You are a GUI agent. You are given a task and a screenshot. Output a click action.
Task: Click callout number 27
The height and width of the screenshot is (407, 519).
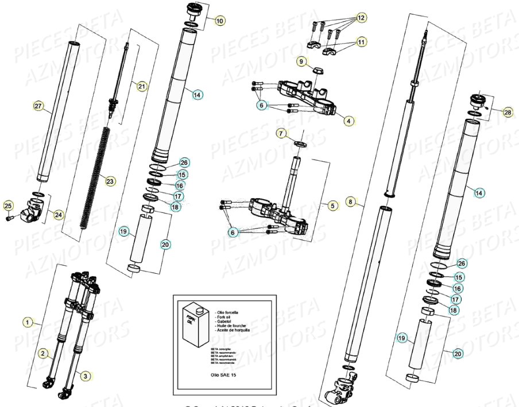(x=38, y=106)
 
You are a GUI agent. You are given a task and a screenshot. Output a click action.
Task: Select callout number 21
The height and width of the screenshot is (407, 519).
(x=141, y=86)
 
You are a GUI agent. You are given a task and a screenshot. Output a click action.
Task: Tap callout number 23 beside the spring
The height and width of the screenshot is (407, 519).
(x=110, y=181)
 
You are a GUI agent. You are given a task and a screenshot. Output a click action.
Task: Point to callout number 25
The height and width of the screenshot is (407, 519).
(x=8, y=206)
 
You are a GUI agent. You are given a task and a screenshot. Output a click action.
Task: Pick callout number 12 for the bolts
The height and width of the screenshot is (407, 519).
(x=360, y=18)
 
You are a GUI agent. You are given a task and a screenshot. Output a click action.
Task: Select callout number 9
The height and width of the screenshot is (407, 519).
(x=301, y=60)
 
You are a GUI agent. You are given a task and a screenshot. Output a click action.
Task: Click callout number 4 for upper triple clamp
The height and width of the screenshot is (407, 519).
(x=350, y=121)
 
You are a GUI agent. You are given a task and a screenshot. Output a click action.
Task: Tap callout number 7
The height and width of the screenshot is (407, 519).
(x=281, y=134)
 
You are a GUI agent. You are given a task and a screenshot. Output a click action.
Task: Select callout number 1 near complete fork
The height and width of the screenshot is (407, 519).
(x=28, y=322)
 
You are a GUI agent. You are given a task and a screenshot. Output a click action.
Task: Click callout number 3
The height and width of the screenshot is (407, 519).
(x=84, y=376)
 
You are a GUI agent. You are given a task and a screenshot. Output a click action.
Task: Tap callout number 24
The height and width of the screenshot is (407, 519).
(x=59, y=215)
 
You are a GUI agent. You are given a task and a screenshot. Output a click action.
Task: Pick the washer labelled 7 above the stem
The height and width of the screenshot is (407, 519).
(x=299, y=142)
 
